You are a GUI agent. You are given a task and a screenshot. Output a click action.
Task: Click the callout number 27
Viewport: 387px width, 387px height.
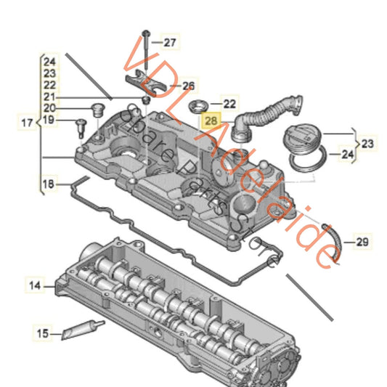169,43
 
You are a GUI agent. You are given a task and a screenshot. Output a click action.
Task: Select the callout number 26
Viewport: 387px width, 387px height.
188,86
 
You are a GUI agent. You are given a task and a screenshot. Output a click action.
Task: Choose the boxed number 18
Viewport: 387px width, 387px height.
47,186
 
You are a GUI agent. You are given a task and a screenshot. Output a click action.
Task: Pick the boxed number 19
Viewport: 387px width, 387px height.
48,120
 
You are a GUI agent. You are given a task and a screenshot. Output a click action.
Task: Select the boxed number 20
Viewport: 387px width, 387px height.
48,108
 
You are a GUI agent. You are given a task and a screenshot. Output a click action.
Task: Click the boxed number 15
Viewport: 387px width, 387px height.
44,333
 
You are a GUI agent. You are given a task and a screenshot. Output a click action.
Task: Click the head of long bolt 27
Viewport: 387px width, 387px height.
146,33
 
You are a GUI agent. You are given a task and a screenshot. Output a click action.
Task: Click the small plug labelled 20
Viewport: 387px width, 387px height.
93,110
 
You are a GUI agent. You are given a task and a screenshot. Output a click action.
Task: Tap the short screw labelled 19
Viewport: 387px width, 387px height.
76,127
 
